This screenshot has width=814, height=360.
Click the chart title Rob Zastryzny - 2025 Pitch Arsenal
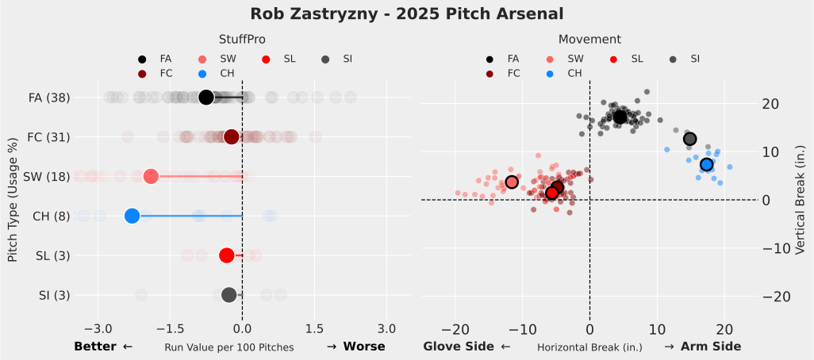click(x=406, y=13)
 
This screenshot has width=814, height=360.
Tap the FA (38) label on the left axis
click(x=49, y=98)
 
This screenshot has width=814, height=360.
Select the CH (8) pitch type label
click(x=51, y=216)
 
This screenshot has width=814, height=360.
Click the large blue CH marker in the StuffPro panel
click(x=132, y=216)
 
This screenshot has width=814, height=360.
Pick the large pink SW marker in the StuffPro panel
click(x=151, y=176)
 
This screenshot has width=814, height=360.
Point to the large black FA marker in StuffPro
click(x=206, y=98)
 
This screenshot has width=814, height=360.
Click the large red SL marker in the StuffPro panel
click(x=226, y=255)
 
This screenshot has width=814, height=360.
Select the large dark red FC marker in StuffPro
click(x=231, y=137)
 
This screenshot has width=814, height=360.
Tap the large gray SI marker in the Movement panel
click(x=689, y=139)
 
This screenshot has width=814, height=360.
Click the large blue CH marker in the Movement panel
click(x=706, y=164)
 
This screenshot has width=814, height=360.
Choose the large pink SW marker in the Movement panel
click(x=512, y=182)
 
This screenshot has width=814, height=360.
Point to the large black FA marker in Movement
click(x=620, y=117)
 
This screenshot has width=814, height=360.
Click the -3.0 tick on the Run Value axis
click(x=98, y=328)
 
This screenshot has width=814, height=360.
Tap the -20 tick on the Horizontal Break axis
click(x=455, y=328)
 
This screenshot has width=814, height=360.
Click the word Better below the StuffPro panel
click(x=94, y=347)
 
